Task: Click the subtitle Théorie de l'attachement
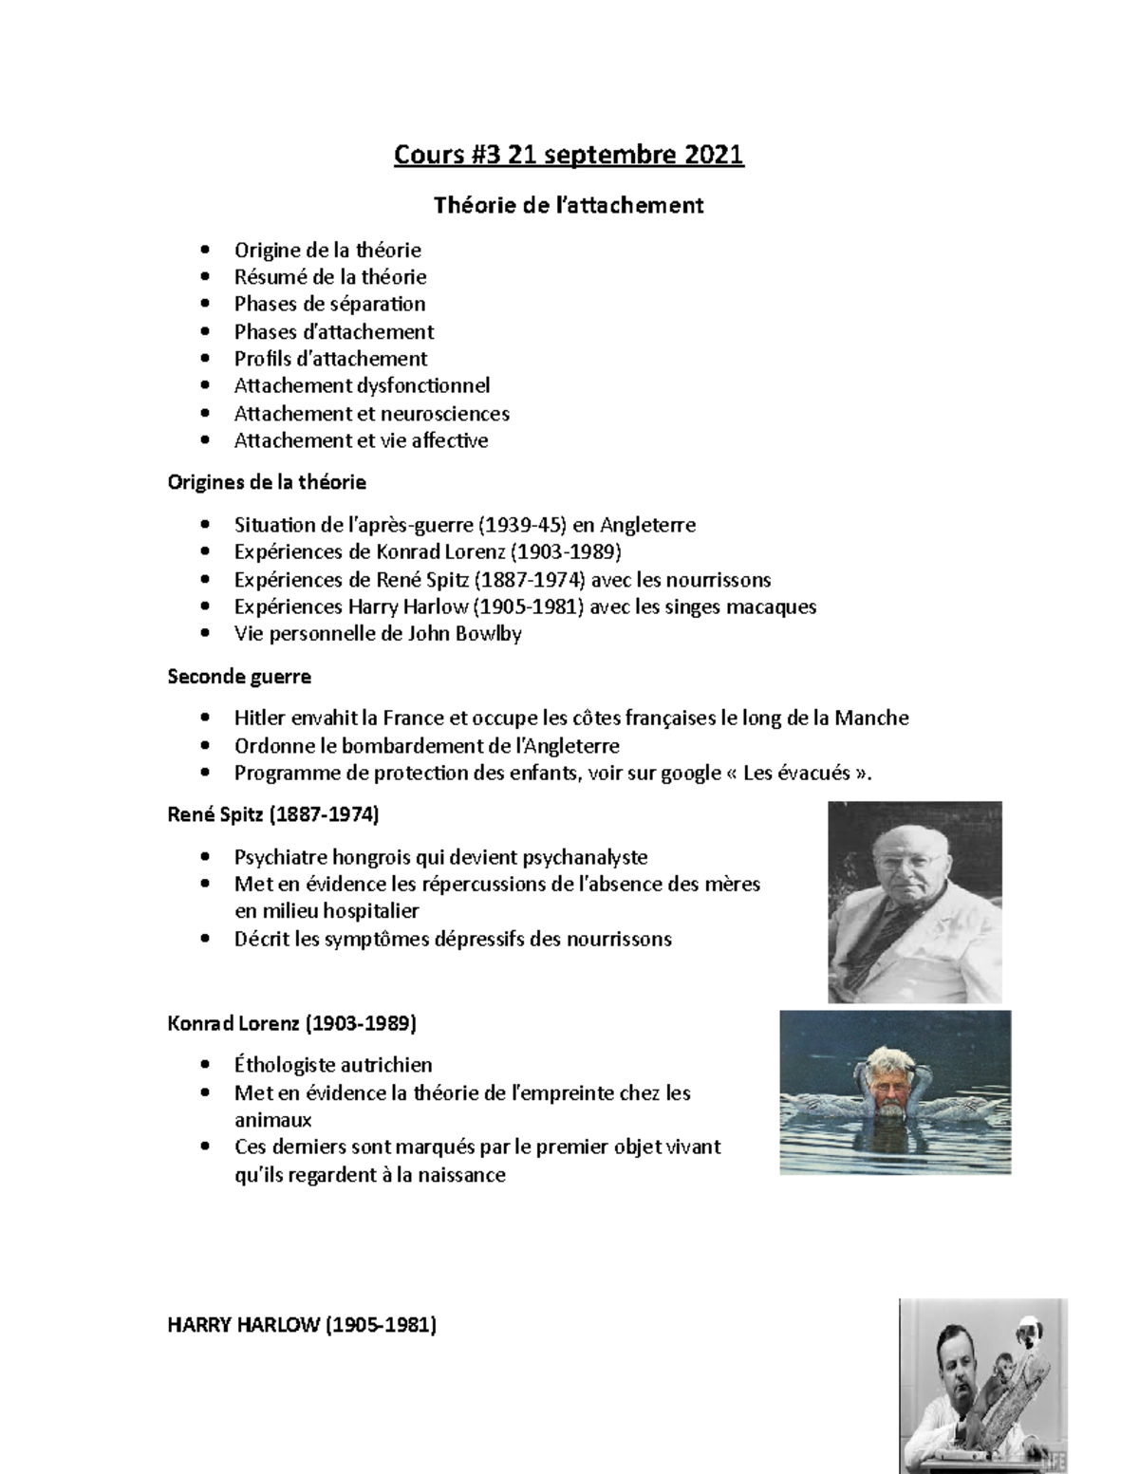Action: pyautogui.click(x=569, y=205)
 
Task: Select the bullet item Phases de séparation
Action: pyautogui.click(x=329, y=305)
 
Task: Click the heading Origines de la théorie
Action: pyautogui.click(x=267, y=482)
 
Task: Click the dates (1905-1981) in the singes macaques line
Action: pyautogui.click(x=528, y=606)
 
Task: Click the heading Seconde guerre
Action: pyautogui.click(x=239, y=677)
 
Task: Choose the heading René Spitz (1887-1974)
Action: pyautogui.click(x=273, y=814)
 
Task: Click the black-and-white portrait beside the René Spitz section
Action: pyautogui.click(x=915, y=902)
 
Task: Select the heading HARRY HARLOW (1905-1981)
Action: pyautogui.click(x=302, y=1326)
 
